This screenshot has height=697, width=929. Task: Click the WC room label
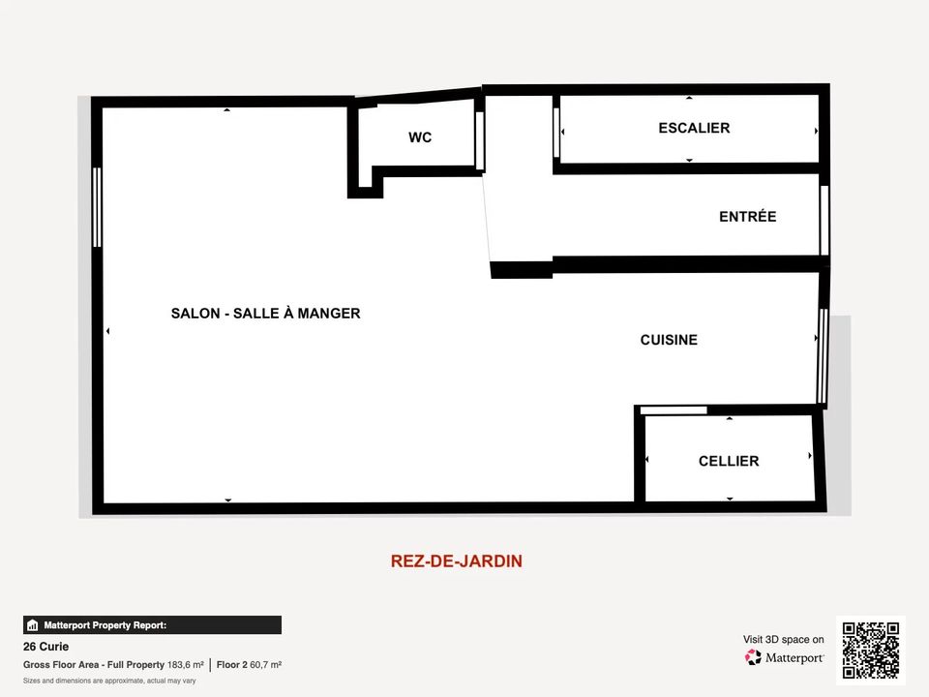[419, 137]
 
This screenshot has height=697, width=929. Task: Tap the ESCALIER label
[694, 128]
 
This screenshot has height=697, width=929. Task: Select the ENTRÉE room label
[748, 216]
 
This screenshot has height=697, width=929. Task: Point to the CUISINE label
[669, 340]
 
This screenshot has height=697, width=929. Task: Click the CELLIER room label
[729, 461]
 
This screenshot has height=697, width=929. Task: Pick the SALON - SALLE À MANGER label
[265, 313]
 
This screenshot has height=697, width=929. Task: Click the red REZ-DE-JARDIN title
[456, 561]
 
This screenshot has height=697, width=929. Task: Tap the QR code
[870, 651]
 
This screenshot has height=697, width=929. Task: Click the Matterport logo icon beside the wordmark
[753, 657]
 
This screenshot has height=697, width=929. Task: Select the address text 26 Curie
[45, 647]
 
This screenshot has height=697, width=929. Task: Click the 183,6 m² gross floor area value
[186, 665]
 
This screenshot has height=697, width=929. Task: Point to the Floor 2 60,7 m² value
[249, 665]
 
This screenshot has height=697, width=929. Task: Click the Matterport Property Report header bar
[152, 625]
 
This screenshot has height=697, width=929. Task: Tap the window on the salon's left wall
[97, 207]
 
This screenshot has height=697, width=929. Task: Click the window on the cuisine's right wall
[823, 355]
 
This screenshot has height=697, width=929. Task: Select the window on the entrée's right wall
[824, 221]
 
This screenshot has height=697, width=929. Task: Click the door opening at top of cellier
[674, 410]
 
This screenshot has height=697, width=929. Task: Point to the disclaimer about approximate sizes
[109, 681]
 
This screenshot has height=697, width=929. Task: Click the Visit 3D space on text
[783, 640]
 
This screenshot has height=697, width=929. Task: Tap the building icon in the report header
[33, 625]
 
